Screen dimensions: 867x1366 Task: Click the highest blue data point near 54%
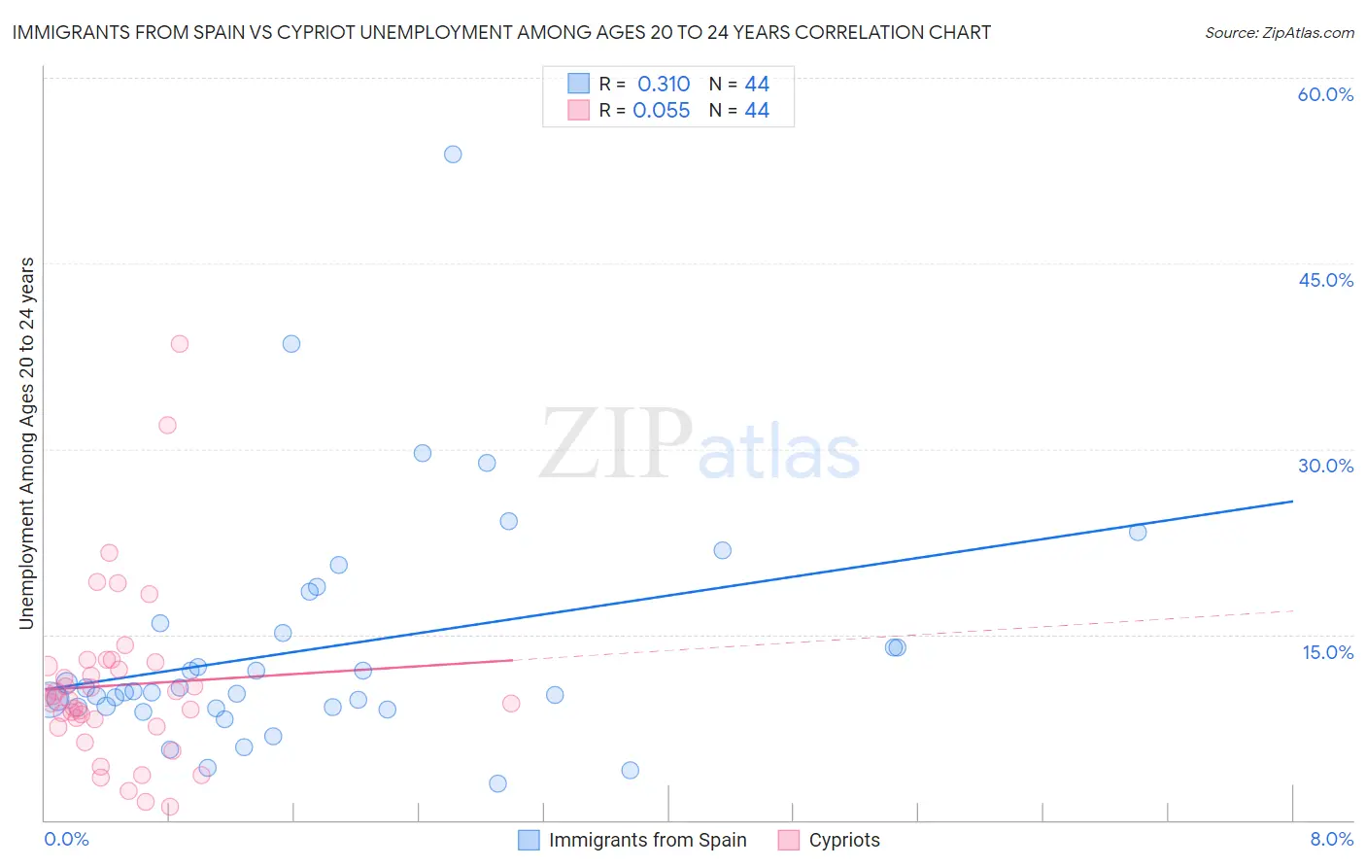(x=453, y=155)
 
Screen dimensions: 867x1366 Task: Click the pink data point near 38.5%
(x=180, y=344)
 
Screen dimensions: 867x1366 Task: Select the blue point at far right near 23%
(x=1138, y=532)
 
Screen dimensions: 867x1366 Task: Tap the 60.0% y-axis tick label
(x=1325, y=95)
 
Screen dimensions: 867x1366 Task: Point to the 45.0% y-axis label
(x=1325, y=280)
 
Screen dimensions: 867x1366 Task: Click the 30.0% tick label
(x=1325, y=466)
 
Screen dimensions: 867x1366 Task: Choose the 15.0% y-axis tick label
(x=1327, y=652)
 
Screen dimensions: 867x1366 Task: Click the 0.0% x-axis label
(x=66, y=840)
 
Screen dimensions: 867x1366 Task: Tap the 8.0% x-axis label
(x=1331, y=840)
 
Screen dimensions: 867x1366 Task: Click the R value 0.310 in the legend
(x=664, y=85)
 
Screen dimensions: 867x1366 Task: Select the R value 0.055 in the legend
(x=662, y=111)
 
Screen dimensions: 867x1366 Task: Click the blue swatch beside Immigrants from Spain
(x=529, y=840)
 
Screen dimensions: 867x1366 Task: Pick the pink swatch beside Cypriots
(x=789, y=840)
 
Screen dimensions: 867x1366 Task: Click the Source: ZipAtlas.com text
(x=1279, y=33)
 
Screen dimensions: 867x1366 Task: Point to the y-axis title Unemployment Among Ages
(x=27, y=443)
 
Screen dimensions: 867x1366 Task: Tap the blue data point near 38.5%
(x=291, y=344)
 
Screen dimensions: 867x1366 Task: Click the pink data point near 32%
(x=167, y=425)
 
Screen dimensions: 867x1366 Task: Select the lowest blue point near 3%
(x=497, y=783)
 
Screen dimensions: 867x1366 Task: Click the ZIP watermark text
(x=616, y=445)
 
